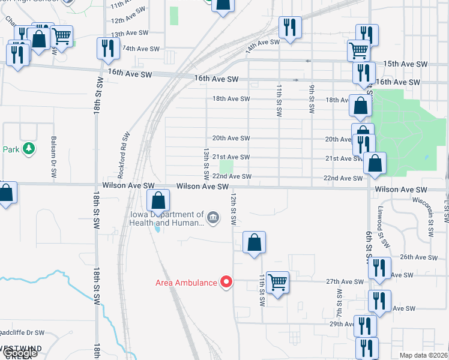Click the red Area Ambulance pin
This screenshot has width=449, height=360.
pos(226,281)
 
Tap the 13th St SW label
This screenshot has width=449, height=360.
pos(206,164)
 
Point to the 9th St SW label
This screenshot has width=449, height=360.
pos(312,99)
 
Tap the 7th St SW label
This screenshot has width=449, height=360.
pos(339,302)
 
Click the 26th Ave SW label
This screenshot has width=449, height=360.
pos(415,257)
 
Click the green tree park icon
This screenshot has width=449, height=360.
pos(29,148)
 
